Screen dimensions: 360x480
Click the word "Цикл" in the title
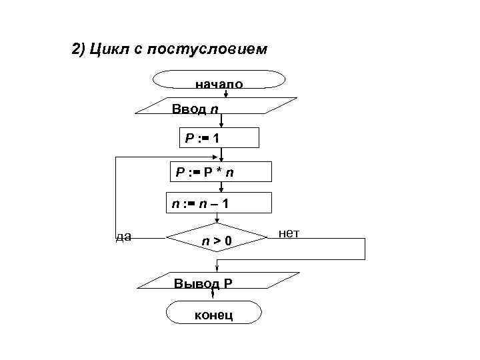(113, 50)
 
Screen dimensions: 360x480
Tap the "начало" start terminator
(219, 79)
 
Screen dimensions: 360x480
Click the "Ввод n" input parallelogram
(220, 108)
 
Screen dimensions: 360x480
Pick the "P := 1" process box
(218, 138)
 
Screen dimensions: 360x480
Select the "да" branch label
(123, 235)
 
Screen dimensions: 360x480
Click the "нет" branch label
(289, 233)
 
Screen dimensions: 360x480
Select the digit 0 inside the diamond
(227, 240)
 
